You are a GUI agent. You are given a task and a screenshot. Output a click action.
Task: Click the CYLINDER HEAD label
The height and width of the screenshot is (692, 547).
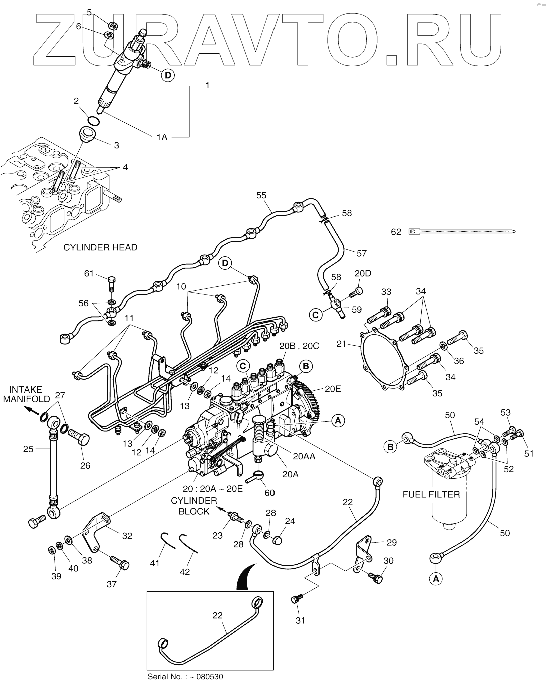click(100, 247)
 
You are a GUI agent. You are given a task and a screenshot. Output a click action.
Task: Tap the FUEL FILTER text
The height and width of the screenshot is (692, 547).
click(431, 494)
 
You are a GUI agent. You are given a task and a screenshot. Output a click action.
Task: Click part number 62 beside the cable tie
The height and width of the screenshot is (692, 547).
click(396, 232)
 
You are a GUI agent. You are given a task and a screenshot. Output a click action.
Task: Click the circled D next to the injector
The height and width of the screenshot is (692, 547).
click(168, 76)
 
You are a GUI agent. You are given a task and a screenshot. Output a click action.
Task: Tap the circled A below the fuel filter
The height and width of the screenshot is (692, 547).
click(436, 578)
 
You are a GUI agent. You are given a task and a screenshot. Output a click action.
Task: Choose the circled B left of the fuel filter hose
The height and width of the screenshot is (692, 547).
click(391, 446)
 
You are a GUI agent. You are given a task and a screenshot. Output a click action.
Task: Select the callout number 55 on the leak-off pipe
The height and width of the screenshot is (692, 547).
click(262, 196)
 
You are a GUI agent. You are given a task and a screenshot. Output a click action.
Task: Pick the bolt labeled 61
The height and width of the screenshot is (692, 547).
click(111, 283)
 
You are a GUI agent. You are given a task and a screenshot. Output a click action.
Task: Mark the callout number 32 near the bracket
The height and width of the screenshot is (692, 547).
click(127, 536)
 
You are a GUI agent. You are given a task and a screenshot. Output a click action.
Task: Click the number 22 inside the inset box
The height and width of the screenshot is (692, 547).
click(217, 615)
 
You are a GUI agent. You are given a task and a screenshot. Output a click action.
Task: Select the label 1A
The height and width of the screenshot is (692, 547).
click(161, 136)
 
